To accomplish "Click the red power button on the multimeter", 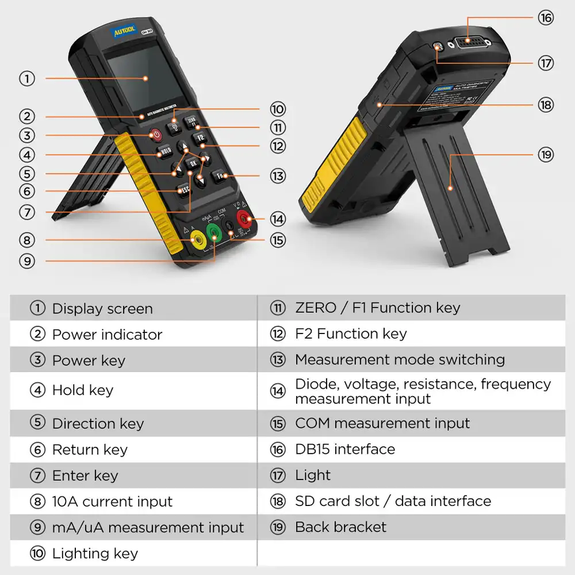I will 156,135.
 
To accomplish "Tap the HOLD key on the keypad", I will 165,152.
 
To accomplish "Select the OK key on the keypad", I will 194,164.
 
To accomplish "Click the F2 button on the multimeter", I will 201,138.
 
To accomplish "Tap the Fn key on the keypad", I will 220,175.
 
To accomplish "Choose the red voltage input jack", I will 244,218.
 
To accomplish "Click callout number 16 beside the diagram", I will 545,18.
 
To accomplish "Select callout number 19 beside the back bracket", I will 545,155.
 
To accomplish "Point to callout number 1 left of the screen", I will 26,78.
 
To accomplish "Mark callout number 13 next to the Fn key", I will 278,175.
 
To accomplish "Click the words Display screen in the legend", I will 102,309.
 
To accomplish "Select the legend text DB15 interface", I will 345,449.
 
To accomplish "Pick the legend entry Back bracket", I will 340,527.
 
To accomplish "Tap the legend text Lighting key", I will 95,554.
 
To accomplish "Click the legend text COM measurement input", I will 382,423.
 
